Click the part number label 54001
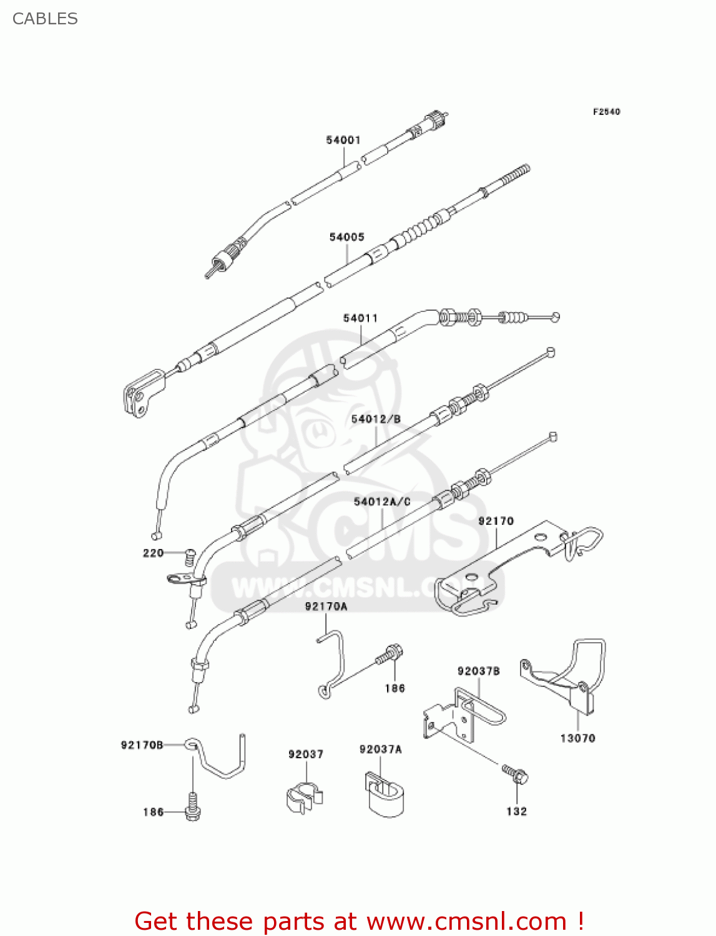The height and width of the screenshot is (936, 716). point(343,140)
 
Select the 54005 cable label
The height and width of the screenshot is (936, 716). point(346,237)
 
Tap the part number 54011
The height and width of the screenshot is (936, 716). point(360,318)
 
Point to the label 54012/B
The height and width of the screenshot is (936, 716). point(376,419)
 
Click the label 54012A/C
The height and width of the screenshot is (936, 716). point(382,502)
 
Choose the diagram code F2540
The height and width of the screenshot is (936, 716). point(606,112)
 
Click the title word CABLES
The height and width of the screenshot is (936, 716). point(45,19)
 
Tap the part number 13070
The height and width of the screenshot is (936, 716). point(577,738)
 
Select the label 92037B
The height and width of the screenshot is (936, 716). point(478,671)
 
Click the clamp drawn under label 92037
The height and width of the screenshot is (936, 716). point(304,798)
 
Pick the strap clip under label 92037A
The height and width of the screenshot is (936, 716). point(384,795)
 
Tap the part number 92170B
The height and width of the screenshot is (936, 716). point(142,745)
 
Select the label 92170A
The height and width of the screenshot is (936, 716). point(326,607)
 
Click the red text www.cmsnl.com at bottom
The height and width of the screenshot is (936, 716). point(466,921)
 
